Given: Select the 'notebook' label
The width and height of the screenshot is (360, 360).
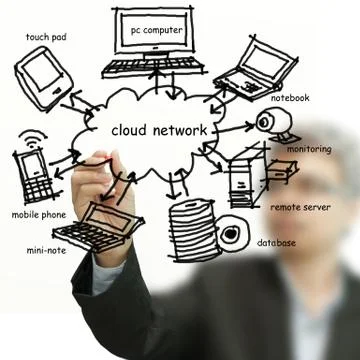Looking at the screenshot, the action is [x=289, y=98].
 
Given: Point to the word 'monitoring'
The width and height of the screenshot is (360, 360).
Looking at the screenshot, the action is [x=309, y=149].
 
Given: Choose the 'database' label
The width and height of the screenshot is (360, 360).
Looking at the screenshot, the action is [x=276, y=243].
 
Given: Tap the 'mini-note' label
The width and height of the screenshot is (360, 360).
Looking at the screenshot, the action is [x=47, y=250].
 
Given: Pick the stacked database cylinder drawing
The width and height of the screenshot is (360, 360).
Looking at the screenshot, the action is [x=187, y=228].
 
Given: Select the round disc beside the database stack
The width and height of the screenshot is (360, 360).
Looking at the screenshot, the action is [x=233, y=234].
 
